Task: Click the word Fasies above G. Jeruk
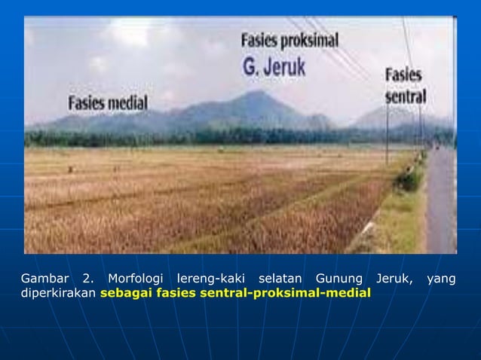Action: pyautogui.click(x=261, y=39)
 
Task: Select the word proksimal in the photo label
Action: pyautogui.click(x=311, y=40)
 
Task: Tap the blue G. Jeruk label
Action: pyautogui.click(x=274, y=66)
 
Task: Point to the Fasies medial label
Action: pyautogui.click(x=109, y=102)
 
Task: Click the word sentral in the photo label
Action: pyautogui.click(x=406, y=97)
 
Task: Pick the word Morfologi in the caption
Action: pyautogui.click(x=133, y=279)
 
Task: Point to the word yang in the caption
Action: pyautogui.click(x=441, y=279)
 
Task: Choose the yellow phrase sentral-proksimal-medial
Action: pyautogui.click(x=286, y=293)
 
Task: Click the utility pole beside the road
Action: pyautogui.click(x=387, y=139)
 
